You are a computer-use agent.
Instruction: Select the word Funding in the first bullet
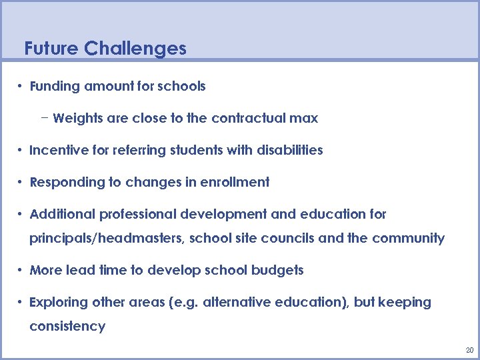[53, 86]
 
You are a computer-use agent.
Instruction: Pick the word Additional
[63, 214]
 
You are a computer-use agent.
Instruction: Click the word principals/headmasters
[107, 238]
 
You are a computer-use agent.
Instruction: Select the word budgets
[277, 270]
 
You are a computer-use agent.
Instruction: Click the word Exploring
[57, 302]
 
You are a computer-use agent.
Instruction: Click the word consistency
[67, 326]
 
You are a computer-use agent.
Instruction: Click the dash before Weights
[44, 118]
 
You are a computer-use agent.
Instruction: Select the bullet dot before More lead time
[21, 270]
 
